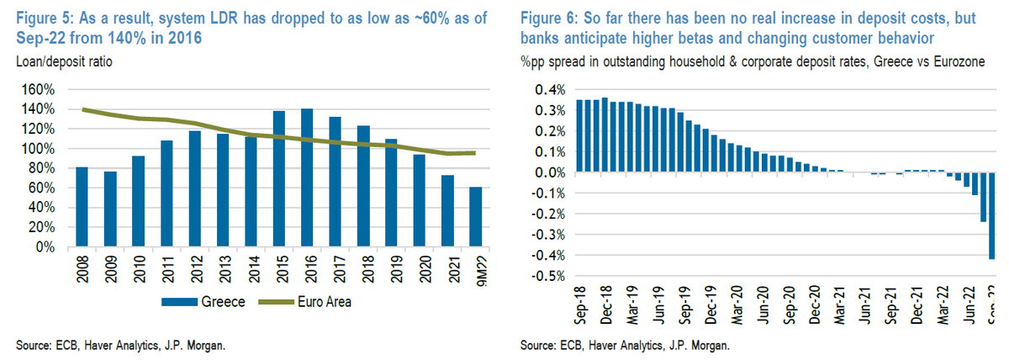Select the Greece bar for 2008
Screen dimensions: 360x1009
[x=82, y=207]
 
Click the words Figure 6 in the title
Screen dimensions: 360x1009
[x=552, y=19]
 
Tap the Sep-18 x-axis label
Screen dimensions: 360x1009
[x=580, y=307]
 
